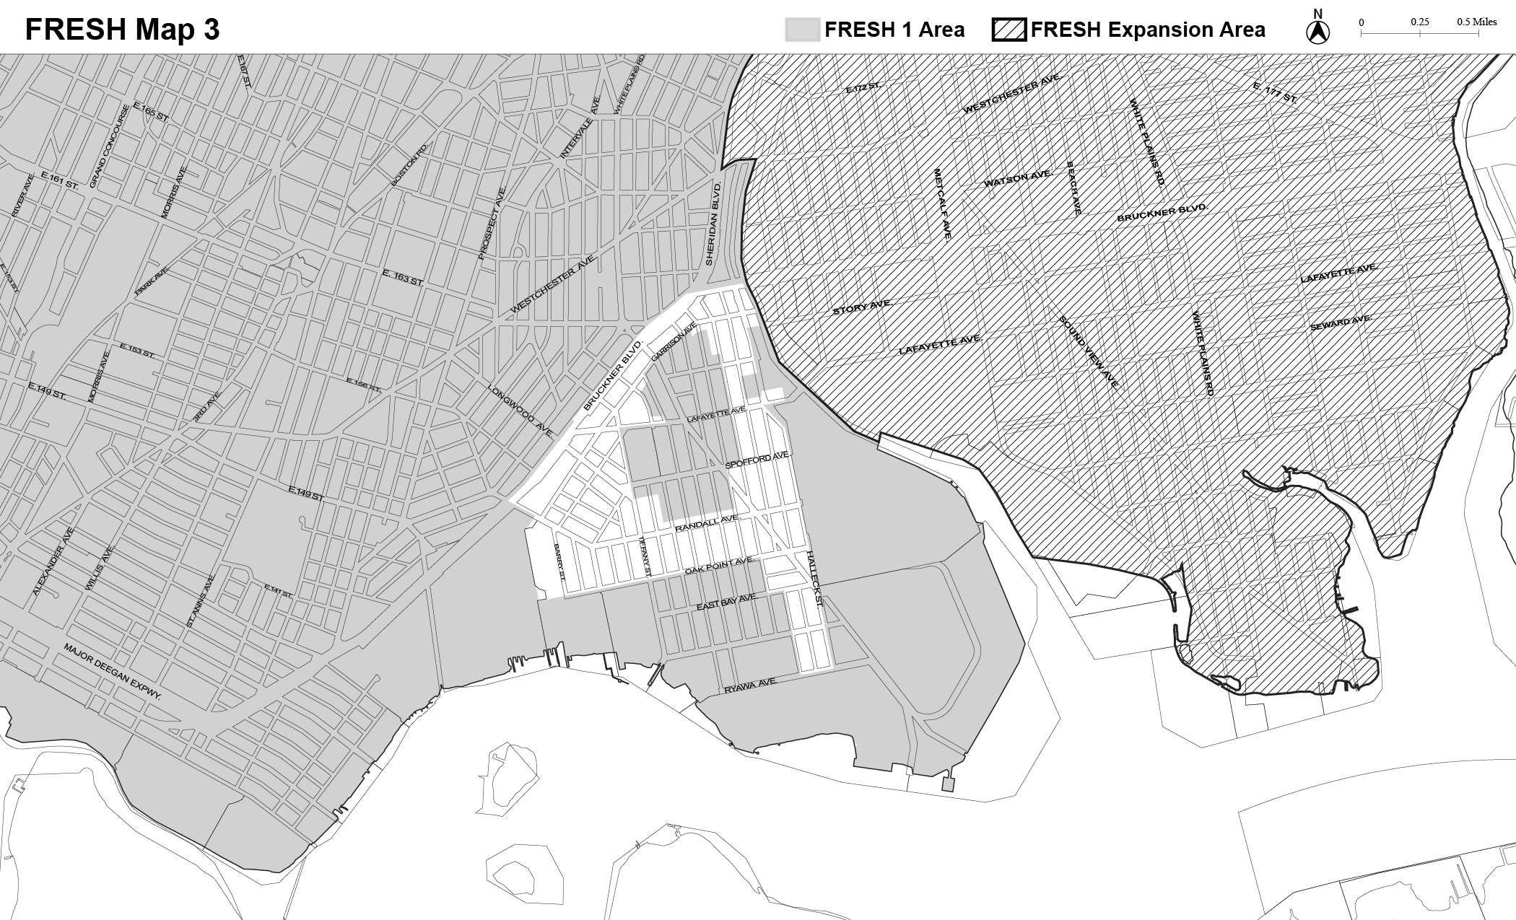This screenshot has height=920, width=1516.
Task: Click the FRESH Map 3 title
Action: pyautogui.click(x=122, y=30)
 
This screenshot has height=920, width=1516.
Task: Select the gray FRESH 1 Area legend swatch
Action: pyautogui.click(x=802, y=30)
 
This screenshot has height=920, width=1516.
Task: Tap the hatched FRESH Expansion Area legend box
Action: pyautogui.click(x=1009, y=30)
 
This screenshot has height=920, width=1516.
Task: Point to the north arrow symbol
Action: pyautogui.click(x=1319, y=32)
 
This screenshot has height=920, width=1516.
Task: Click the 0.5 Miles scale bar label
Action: pyautogui.click(x=1476, y=22)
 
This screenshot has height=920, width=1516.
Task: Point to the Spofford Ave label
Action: pyautogui.click(x=758, y=461)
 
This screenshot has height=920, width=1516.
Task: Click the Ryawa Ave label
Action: pyautogui.click(x=751, y=685)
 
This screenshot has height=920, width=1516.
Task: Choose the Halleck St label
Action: pyautogui.click(x=814, y=579)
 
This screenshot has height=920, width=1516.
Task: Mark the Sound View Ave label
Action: pyautogui.click(x=1089, y=352)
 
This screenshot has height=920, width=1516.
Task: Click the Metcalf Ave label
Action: pyautogui.click(x=943, y=203)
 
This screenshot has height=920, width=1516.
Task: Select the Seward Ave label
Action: pyautogui.click(x=1341, y=323)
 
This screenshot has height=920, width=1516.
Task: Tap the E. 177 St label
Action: pyautogui.click(x=1275, y=94)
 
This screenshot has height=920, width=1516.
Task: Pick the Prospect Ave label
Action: pyautogui.click(x=493, y=223)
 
